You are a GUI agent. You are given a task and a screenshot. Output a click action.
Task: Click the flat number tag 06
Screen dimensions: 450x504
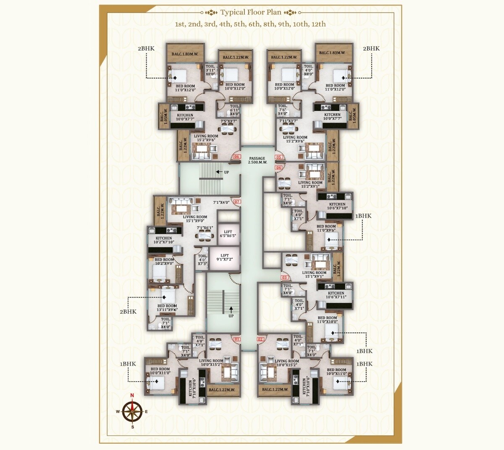pyautogui.click(x=236, y=157)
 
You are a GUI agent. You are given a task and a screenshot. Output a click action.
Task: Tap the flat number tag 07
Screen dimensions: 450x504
pyautogui.click(x=237, y=202)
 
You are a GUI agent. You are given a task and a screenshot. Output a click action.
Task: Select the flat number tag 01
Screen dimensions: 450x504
pyautogui.click(x=237, y=339)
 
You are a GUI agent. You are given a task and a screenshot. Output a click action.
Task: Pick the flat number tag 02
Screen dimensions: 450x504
pyautogui.click(x=260, y=339)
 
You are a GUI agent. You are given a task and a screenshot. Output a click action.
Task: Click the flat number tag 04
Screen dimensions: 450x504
pyautogui.click(x=278, y=168)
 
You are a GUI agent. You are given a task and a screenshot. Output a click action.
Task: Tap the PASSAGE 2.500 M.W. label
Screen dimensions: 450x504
pyautogui.click(x=257, y=160)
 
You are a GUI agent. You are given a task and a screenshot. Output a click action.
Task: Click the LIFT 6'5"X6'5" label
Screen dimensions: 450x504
pyautogui.click(x=228, y=234)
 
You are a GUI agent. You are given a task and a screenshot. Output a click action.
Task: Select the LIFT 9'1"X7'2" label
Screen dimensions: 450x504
pyautogui.click(x=225, y=258)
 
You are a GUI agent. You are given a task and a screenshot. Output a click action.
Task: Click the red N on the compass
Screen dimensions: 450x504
pyautogui.click(x=132, y=395)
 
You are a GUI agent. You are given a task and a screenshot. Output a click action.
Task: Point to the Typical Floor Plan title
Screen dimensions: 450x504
pyautogui.click(x=251, y=12)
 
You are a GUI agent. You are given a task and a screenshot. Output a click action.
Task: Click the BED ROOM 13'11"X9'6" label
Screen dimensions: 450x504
pyautogui.click(x=167, y=308)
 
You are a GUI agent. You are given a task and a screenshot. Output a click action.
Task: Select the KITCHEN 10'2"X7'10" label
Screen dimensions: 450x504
pyautogui.click(x=164, y=240)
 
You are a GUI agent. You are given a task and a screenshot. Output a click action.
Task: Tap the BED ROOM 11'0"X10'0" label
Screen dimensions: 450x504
pyautogui.click(x=327, y=320)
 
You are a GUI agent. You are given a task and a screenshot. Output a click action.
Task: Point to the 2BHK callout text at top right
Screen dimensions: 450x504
pyautogui.click(x=371, y=49)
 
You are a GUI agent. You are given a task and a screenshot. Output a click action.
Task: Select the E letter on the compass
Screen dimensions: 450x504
pyautogui.click(x=146, y=411)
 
